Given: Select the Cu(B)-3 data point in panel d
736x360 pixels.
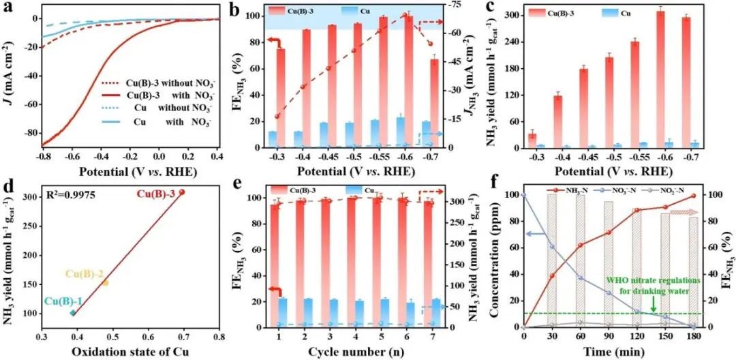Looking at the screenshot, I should click(x=182, y=192).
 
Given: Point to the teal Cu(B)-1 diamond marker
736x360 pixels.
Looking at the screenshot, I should click(x=73, y=313).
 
